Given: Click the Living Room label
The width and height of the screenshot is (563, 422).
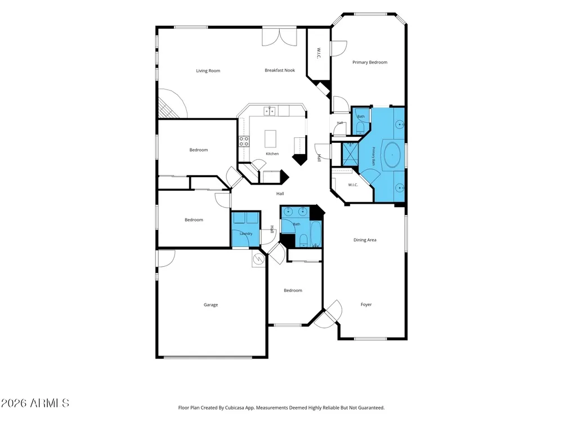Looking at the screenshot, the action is (208, 71).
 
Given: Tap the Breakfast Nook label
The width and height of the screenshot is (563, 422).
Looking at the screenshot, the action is (280, 70).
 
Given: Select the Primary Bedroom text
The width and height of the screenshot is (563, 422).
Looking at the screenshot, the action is (370, 62).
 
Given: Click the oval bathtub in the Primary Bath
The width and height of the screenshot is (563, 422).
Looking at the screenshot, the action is (392, 155).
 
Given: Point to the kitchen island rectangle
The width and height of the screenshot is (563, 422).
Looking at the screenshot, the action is (270, 139).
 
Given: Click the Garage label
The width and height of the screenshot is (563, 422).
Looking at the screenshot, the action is (211, 305).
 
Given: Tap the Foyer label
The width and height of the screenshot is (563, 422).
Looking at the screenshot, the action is (367, 304).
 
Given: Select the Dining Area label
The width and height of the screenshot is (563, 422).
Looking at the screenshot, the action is (365, 240).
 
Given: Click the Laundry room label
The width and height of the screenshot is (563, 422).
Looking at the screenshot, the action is (246, 234).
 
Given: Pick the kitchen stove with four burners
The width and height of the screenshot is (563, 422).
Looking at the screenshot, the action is (244, 141).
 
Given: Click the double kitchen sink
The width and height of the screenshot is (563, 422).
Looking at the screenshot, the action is (270, 111).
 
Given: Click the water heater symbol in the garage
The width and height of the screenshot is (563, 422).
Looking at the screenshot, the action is (258, 259).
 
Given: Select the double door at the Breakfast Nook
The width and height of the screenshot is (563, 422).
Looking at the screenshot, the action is (279, 37).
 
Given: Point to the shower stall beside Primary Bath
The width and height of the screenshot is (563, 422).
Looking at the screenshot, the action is (350, 154).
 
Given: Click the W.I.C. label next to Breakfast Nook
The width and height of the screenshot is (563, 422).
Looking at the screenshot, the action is (319, 53).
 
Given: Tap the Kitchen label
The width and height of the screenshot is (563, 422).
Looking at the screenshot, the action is (272, 154).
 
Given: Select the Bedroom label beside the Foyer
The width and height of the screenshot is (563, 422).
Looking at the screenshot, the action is (293, 291).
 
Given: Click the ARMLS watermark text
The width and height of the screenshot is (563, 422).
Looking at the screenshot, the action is (35, 403).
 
